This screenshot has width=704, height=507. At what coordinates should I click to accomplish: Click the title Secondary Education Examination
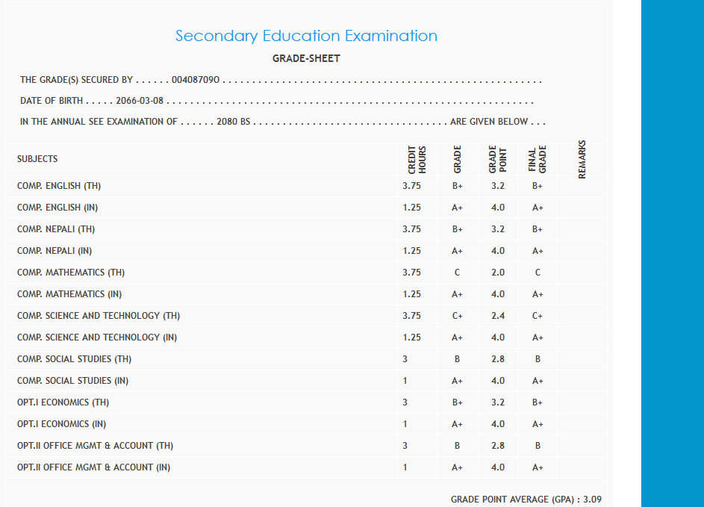pyautogui.click(x=306, y=36)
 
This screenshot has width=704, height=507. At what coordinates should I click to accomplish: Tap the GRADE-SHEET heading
pyautogui.click(x=306, y=59)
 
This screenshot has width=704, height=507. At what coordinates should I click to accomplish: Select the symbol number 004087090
pyautogui.click(x=195, y=80)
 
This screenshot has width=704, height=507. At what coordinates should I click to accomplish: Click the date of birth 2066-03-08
pyautogui.click(x=140, y=101)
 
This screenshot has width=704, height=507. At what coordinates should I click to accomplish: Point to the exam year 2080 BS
pyautogui.click(x=233, y=122)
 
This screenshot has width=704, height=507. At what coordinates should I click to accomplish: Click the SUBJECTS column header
pyautogui.click(x=37, y=159)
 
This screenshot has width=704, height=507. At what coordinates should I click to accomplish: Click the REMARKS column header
pyautogui.click(x=582, y=159)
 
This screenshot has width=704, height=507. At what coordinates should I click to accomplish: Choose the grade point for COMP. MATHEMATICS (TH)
pyautogui.click(x=498, y=273)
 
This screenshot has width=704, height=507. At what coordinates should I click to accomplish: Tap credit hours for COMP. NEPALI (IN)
pyautogui.click(x=411, y=251)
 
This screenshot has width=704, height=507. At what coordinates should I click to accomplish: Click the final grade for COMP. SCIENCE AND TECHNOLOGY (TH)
pyautogui.click(x=538, y=316)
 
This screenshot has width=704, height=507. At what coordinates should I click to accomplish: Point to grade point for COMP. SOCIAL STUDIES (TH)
pyautogui.click(x=498, y=359)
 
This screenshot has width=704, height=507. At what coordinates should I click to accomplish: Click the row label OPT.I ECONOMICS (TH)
pyautogui.click(x=63, y=402)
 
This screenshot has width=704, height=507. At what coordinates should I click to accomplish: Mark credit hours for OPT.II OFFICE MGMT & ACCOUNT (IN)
pyautogui.click(x=405, y=467)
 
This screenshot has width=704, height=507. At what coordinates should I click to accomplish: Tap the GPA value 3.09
pyautogui.click(x=591, y=499)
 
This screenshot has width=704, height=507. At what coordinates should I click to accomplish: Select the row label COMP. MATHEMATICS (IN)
pyautogui.click(x=69, y=294)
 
